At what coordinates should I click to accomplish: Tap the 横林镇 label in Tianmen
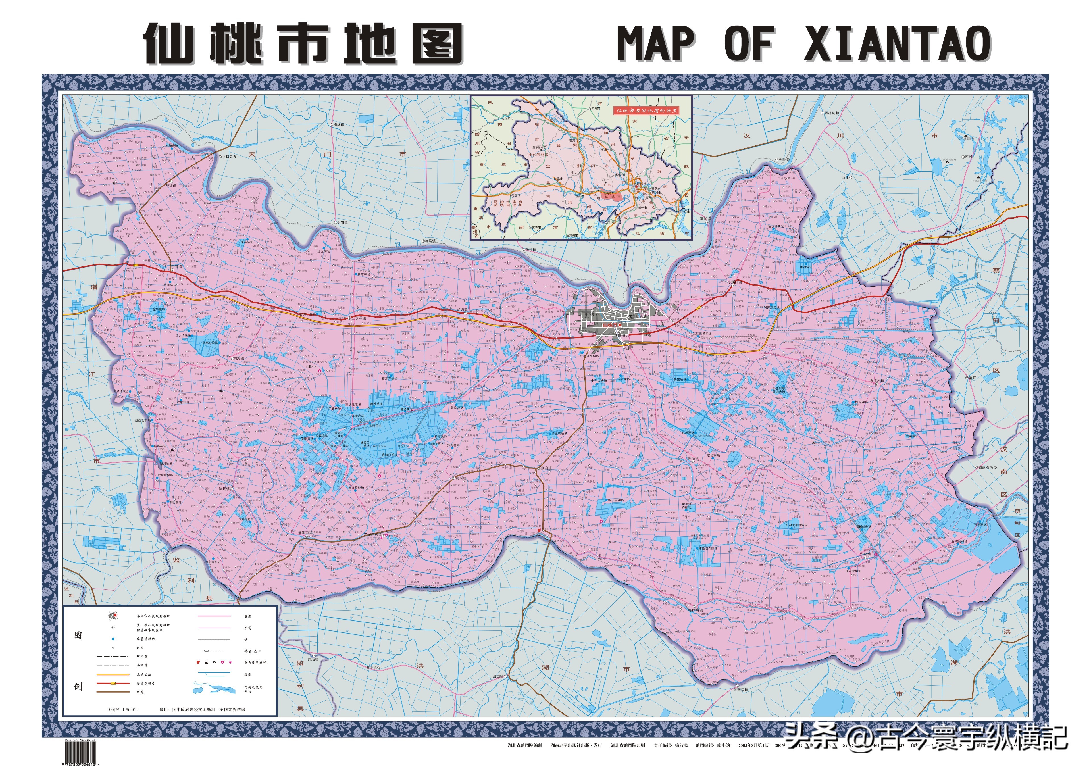pyautogui.click(x=338, y=125)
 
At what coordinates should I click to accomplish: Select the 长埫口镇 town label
pyautogui.click(x=735, y=282)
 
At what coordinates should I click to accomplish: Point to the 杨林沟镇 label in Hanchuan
pyautogui.click(x=831, y=113)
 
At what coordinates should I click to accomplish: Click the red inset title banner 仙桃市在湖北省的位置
pyautogui.click(x=646, y=111)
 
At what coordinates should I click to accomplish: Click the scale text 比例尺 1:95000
pyautogui.click(x=122, y=709)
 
